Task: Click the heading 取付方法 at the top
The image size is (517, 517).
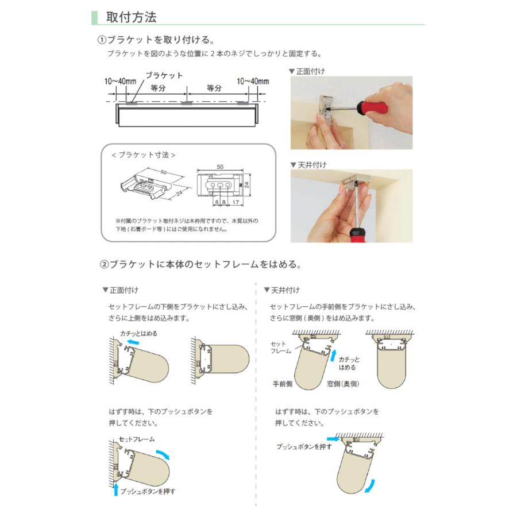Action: [131, 17]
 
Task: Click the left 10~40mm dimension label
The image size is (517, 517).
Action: [120, 82]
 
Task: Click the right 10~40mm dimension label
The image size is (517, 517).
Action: [252, 82]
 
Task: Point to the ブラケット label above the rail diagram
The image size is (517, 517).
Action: [164, 75]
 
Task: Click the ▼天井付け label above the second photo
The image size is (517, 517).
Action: [308, 165]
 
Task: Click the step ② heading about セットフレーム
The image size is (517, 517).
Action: [201, 265]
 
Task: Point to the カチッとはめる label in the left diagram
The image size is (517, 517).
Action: [138, 333]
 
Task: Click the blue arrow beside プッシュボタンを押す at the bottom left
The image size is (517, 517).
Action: [116, 490]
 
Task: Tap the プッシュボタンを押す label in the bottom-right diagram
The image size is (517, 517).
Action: [304, 446]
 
